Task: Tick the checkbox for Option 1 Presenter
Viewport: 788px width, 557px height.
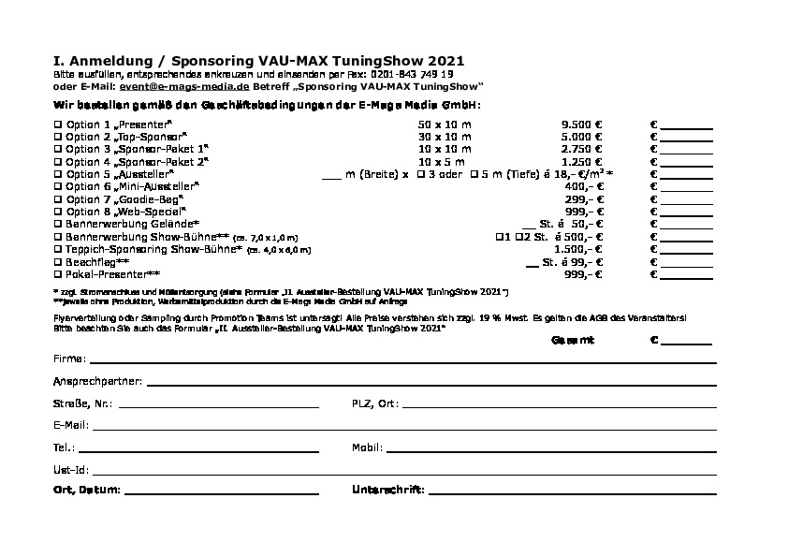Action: pos(58,125)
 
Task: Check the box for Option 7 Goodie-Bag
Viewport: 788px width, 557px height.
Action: pos(58,199)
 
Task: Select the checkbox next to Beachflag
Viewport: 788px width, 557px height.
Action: pos(58,262)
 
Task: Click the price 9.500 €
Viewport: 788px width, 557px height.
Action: pos(581,125)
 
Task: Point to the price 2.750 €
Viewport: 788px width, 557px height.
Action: pos(581,149)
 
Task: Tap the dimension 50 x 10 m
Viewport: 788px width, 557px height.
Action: pos(445,125)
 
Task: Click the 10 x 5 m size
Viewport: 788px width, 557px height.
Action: pos(445,162)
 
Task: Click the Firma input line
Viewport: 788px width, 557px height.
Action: pos(403,360)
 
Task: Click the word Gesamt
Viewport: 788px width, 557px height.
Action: pos(573,340)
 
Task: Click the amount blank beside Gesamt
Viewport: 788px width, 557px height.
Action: pos(687,343)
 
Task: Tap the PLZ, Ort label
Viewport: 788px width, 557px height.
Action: pos(374,403)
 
